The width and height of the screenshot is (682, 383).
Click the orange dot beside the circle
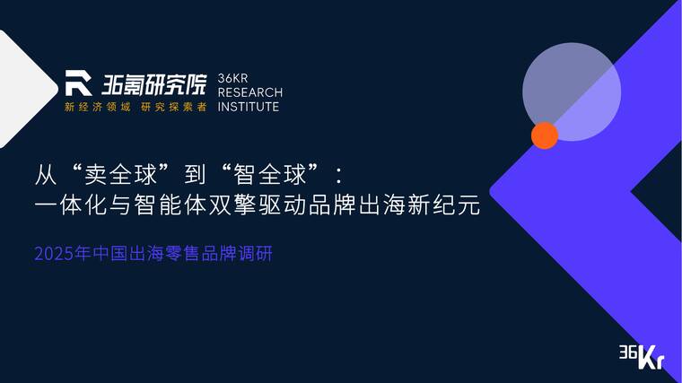coord(544,135)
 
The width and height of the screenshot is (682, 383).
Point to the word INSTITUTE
coord(249,107)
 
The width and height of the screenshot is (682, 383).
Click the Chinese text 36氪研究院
coord(153,84)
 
